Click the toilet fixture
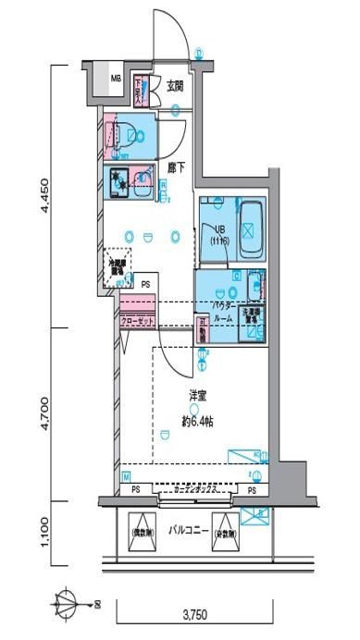(130, 134)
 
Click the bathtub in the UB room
(251, 222)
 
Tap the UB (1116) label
(221, 235)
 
